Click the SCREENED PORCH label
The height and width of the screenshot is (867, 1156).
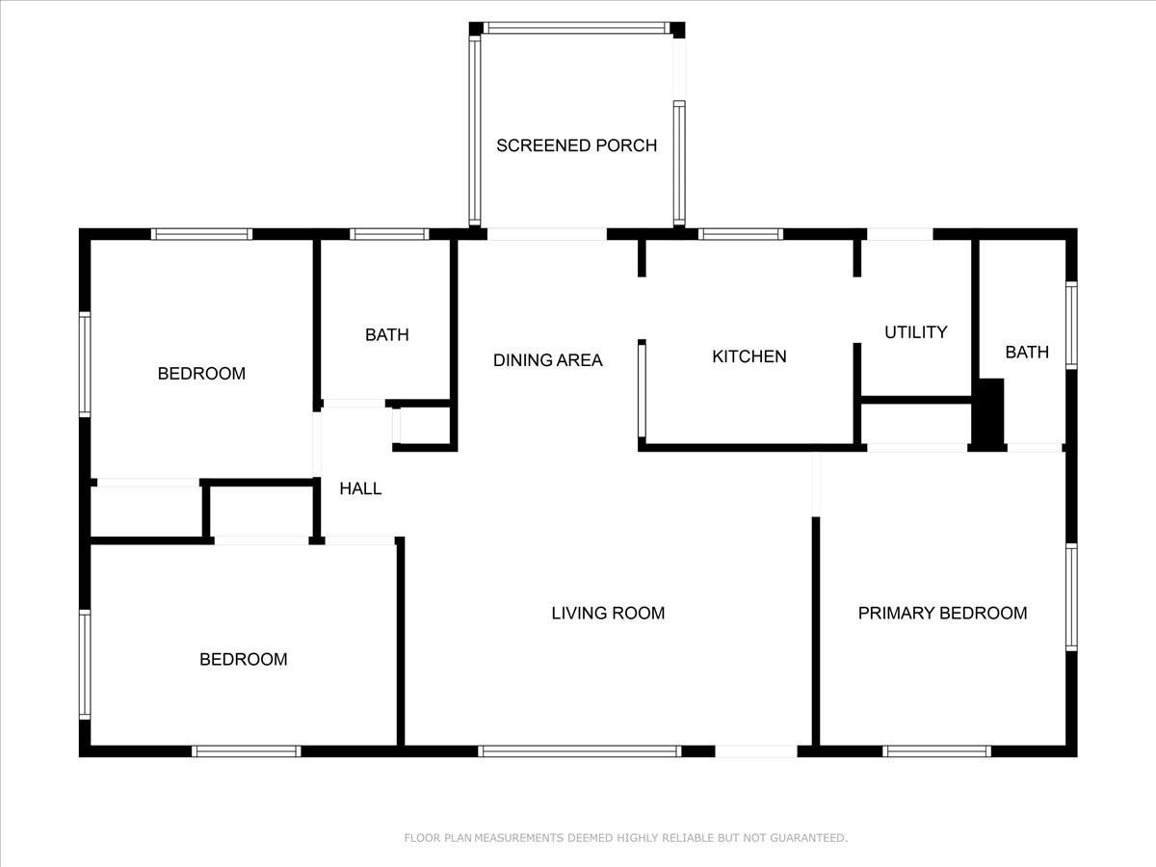pyautogui.click(x=576, y=145)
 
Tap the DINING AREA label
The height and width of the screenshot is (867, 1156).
pyautogui.click(x=548, y=360)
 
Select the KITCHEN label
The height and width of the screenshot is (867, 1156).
pyautogui.click(x=749, y=356)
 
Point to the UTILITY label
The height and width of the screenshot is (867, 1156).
pyautogui.click(x=916, y=332)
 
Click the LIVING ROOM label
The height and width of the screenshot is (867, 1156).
pyautogui.click(x=608, y=613)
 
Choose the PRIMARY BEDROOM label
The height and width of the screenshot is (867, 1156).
pyautogui.click(x=943, y=613)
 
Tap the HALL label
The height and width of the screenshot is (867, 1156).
pyautogui.click(x=360, y=488)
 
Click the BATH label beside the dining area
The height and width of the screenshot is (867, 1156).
pyautogui.click(x=387, y=335)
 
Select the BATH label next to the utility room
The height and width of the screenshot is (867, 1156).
pyautogui.click(x=1027, y=352)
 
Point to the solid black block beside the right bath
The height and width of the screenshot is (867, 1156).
pyautogui.click(x=988, y=415)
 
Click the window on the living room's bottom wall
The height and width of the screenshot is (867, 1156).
pyautogui.click(x=579, y=751)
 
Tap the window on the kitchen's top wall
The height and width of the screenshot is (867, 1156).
pyautogui.click(x=741, y=234)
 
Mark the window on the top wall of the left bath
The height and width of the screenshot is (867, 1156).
pyautogui.click(x=389, y=234)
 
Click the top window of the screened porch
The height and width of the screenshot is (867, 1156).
pyautogui.click(x=577, y=28)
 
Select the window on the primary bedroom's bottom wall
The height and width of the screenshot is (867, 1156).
pyautogui.click(x=937, y=751)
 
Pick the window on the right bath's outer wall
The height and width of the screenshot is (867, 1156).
pyautogui.click(x=1071, y=326)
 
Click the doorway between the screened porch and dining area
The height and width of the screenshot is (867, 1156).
pyautogui.click(x=546, y=234)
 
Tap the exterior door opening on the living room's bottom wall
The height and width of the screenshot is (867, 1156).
pyautogui.click(x=756, y=751)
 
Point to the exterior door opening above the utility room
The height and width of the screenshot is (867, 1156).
pyautogui.click(x=900, y=234)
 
